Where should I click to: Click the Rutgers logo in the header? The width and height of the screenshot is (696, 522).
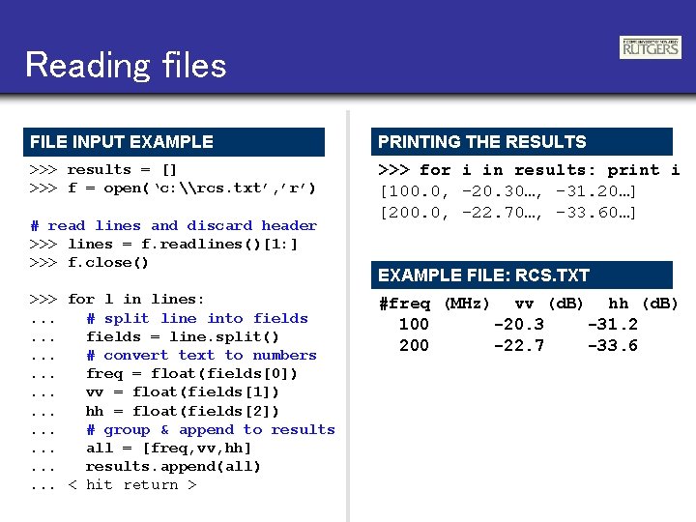[x=651, y=47]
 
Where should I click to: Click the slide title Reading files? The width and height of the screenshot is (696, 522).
[x=126, y=65]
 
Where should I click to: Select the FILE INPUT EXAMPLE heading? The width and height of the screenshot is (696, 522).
[x=122, y=142]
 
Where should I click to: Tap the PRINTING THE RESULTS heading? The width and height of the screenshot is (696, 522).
[x=482, y=142]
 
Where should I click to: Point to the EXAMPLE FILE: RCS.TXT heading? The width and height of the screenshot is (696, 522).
[x=483, y=275]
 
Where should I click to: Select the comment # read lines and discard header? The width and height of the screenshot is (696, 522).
[x=174, y=225]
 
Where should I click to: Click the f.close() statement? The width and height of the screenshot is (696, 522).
[x=108, y=263]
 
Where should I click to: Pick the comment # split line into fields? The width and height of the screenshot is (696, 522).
[x=197, y=318]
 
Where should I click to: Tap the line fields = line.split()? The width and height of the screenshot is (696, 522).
[x=183, y=336]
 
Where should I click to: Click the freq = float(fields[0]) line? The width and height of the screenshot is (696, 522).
[x=192, y=373]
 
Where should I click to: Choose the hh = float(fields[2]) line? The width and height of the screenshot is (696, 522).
[x=183, y=411]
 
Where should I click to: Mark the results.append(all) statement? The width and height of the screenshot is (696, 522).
[x=174, y=467]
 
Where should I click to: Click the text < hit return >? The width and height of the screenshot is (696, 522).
[x=132, y=485]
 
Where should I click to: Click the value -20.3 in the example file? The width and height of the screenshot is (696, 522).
[x=519, y=325]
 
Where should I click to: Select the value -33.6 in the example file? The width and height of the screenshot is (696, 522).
[x=613, y=346]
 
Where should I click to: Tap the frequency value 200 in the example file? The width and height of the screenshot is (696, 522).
[x=414, y=346]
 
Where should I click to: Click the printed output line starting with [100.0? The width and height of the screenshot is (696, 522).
[x=508, y=190]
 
